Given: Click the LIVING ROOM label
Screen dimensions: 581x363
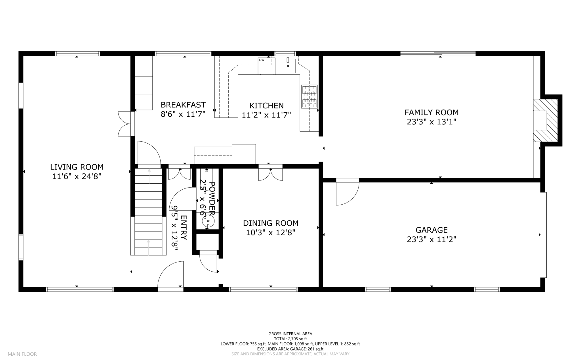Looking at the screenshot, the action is tap(77, 167).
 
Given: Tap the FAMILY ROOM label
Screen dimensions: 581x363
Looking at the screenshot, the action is tap(431, 112).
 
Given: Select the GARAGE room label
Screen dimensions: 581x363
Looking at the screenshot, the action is tap(431, 230).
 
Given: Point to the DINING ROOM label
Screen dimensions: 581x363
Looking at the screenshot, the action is tap(271, 223).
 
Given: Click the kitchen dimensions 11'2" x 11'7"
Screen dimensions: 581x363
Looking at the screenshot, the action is tap(266, 115).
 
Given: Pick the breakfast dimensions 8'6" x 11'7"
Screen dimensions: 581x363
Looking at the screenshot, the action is tap(183, 114).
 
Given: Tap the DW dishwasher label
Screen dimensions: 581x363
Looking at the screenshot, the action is tap(262, 60).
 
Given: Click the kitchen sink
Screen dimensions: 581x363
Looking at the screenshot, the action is tap(288, 66).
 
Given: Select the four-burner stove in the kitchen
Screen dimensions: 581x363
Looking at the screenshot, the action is tap(309, 96).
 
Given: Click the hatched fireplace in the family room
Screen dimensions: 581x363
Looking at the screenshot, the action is tap(546, 120).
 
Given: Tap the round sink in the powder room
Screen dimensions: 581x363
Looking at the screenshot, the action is tap(208, 221).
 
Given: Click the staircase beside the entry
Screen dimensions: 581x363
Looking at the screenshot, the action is tap(148, 212).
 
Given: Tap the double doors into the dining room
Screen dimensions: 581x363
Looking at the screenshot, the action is tap(270, 173).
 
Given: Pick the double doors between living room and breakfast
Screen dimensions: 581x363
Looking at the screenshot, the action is tap(125, 124).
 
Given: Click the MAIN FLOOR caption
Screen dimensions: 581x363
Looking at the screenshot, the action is tap(22, 354).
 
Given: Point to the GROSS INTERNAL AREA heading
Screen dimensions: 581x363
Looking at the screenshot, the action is tap(290, 334).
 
